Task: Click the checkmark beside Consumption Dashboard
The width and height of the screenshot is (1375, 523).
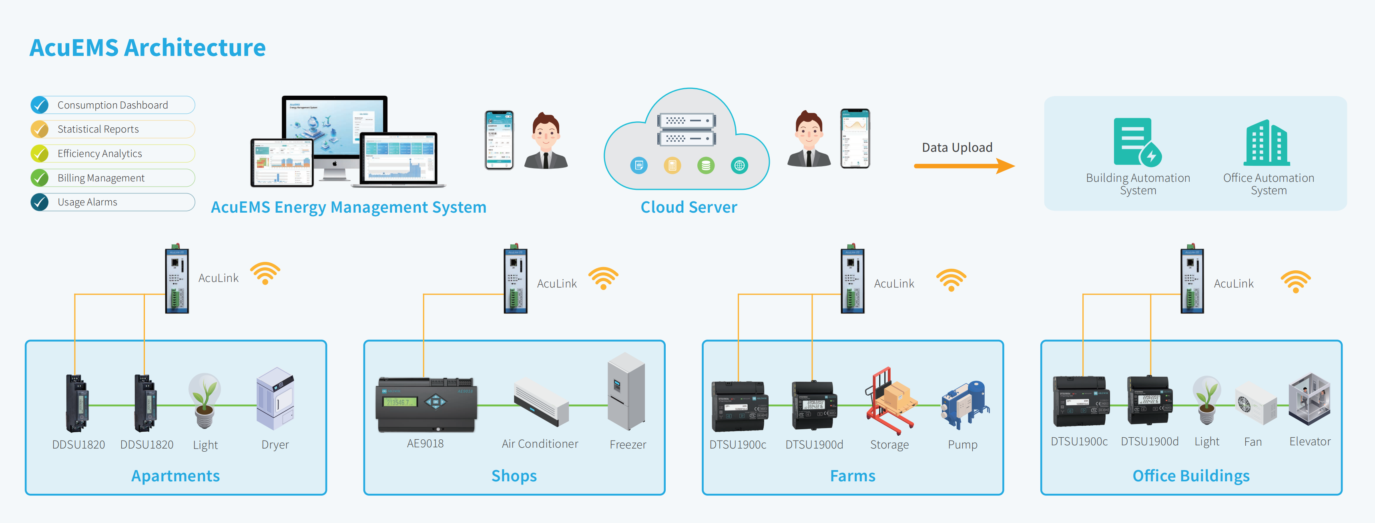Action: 40,105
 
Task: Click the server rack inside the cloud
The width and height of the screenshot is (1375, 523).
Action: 686,129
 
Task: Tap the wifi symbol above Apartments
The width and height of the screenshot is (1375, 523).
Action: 265,273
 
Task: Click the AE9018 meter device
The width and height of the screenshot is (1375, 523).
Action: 426,404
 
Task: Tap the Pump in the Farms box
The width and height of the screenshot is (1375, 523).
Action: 965,404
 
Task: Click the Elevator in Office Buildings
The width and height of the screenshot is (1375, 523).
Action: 1309,399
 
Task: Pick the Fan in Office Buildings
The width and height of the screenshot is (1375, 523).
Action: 1255,403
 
